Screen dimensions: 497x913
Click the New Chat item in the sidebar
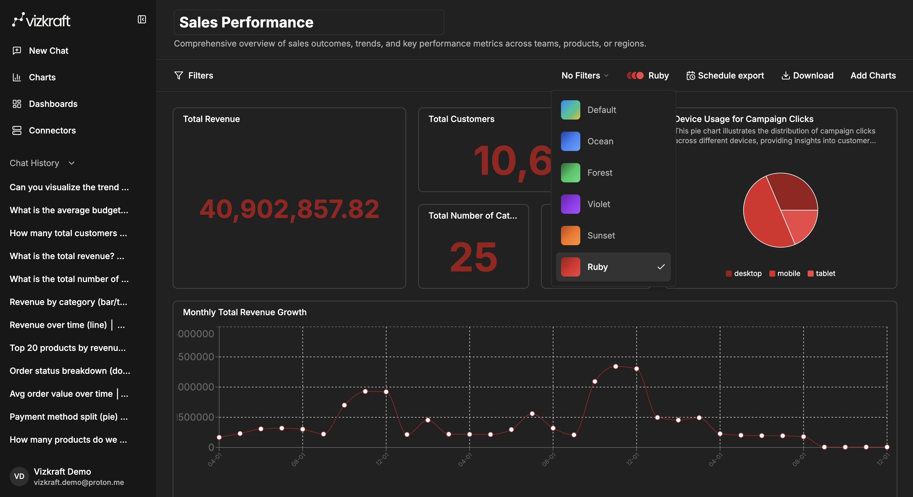[x=48, y=51]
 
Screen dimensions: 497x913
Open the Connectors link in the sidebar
[x=52, y=130]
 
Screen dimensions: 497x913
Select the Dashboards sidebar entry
[x=53, y=104]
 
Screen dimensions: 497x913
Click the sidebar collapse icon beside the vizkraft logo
[x=142, y=20]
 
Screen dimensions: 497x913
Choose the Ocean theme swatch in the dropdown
[x=570, y=141]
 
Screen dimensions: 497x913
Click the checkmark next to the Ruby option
[x=661, y=267]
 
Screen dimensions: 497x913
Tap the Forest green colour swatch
[x=570, y=173]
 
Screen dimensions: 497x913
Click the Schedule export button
[x=725, y=75]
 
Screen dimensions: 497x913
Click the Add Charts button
[x=873, y=75]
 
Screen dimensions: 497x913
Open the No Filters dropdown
[x=585, y=75]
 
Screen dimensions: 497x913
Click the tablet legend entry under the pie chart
[x=821, y=273]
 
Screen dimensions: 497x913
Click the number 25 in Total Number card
[x=473, y=257]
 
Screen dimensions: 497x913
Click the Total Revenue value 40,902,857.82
[x=289, y=209]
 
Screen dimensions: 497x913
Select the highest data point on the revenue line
[x=616, y=367]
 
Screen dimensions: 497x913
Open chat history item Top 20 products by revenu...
[x=67, y=348]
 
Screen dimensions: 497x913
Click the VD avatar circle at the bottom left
[x=19, y=476]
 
